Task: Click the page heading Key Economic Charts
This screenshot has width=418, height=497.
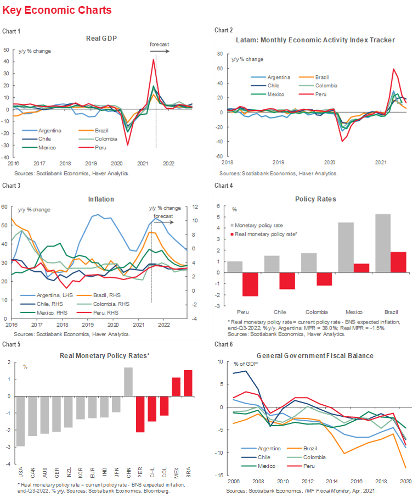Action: [x=57, y=10]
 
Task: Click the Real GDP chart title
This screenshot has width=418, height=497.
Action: [x=102, y=39]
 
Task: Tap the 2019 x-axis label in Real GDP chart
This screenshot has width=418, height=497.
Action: [x=91, y=163]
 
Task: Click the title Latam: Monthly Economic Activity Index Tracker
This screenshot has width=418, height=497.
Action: [x=315, y=40]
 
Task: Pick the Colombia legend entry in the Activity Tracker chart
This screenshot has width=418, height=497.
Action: [x=326, y=85]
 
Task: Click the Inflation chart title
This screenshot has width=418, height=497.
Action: [x=102, y=199]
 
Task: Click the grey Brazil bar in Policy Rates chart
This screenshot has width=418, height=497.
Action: [x=382, y=243]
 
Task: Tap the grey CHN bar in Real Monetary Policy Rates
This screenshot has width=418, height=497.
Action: [x=128, y=382]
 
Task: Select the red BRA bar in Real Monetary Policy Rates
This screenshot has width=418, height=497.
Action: [x=188, y=383]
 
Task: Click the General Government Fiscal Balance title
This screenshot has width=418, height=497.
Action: [x=315, y=355]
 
